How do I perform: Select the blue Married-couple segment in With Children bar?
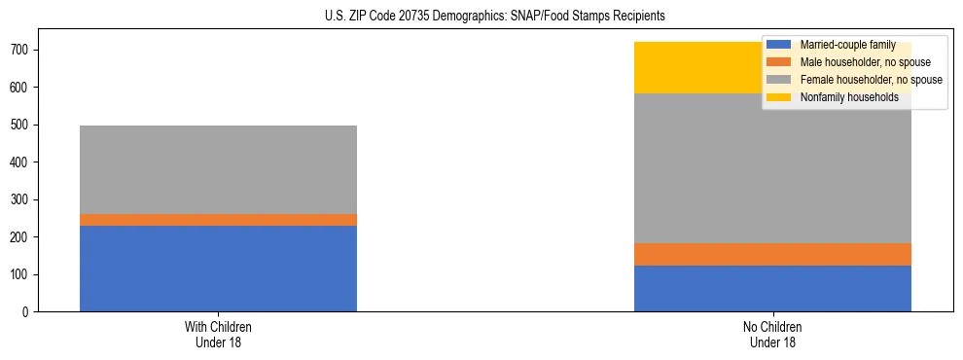pos(218,269)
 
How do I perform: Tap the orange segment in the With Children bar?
pos(218,220)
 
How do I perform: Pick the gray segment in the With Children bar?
pos(218,169)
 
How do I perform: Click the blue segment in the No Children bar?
pos(772,289)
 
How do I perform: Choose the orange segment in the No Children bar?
pos(772,254)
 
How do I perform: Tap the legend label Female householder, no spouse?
pos(871,80)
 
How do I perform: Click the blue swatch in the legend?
pos(779,45)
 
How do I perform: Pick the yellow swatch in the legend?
pos(779,97)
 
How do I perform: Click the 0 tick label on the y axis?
pos(30,312)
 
